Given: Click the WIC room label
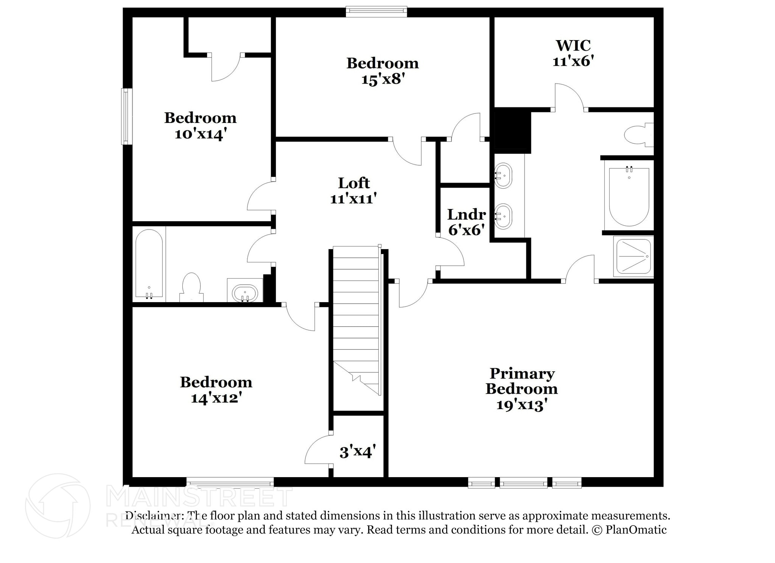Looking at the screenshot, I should point(573,46).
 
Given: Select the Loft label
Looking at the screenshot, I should point(354,183).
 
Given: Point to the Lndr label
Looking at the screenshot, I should point(466,215).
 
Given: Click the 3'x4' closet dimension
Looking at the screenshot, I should point(358,451).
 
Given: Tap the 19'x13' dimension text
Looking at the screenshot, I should point(521,405).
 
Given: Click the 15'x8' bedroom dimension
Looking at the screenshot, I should point(383,79).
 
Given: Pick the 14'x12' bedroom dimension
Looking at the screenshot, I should point(216,398).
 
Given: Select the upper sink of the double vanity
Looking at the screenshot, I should point(503,175).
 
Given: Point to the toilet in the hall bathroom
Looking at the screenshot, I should point(191,287).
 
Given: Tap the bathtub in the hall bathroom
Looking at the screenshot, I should point(149,264).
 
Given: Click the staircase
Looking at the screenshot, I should point(356,321).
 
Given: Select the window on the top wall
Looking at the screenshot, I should point(377,12).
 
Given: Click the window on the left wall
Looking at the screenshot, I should point(127,116).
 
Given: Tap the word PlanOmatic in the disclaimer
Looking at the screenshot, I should point(636,530).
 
